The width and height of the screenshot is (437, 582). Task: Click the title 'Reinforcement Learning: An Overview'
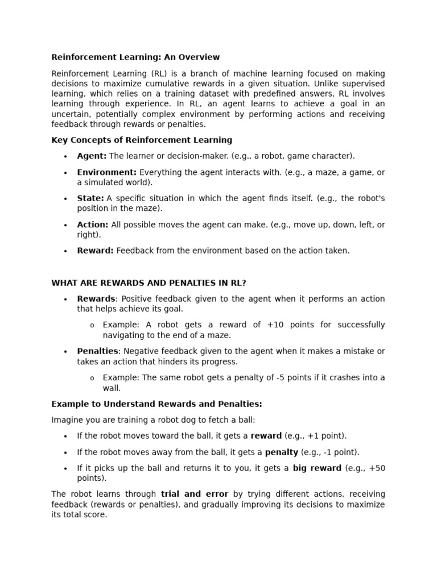tap(135, 57)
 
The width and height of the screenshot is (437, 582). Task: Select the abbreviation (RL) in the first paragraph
tap(159, 73)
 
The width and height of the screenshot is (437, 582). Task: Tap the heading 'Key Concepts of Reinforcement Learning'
tap(142, 140)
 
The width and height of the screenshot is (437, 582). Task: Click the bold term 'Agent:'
tap(92, 156)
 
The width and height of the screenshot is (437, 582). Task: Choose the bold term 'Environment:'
tap(106, 172)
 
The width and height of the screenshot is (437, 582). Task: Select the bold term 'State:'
tap(90, 198)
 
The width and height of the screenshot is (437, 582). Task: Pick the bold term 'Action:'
tap(92, 225)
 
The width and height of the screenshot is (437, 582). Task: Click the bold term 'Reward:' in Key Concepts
tap(95, 251)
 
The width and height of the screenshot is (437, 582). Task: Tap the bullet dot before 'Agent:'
tap(65, 156)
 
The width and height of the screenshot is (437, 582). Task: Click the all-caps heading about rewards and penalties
tap(149, 282)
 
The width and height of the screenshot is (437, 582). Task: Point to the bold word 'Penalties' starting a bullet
tap(97, 351)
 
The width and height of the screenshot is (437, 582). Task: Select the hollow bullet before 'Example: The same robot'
tap(92, 378)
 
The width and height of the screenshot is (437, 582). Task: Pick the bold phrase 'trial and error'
tap(195, 494)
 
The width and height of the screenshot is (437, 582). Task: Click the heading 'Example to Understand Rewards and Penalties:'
tap(156, 404)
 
